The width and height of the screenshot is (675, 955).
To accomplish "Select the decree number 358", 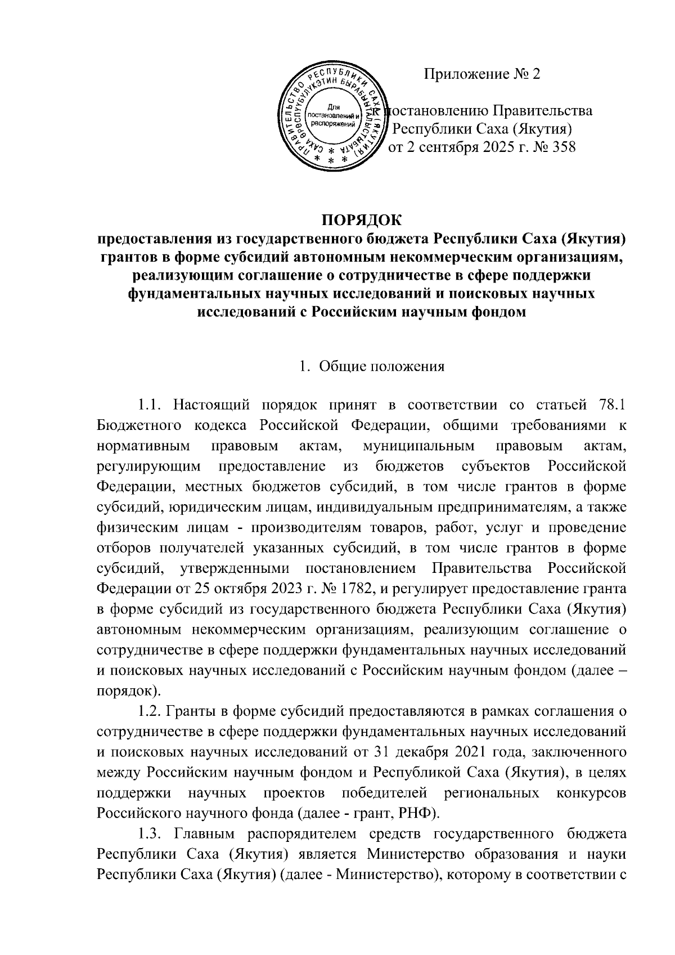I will point(564,149).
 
